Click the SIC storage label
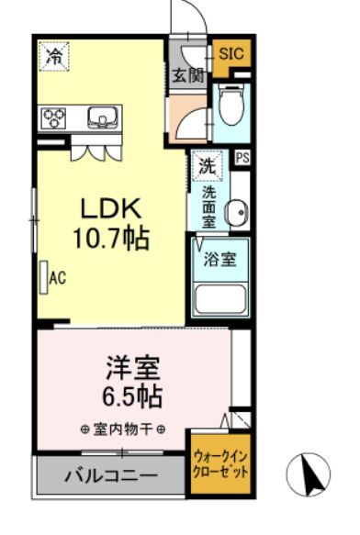click(x=231, y=53)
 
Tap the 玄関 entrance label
click(x=188, y=76)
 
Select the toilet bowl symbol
click(x=231, y=104)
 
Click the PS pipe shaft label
click(x=242, y=158)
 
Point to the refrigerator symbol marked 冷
click(x=54, y=56)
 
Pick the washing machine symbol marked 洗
click(x=208, y=166)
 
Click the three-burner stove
click(x=53, y=117)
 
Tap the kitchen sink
click(x=103, y=117)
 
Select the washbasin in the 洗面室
click(x=237, y=212)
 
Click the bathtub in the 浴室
click(x=219, y=299)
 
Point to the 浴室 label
click(x=219, y=260)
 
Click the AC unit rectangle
click(x=44, y=277)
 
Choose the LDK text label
click(x=111, y=208)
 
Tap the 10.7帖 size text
click(x=111, y=238)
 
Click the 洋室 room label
click(x=132, y=368)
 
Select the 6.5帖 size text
click(x=132, y=396)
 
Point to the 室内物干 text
click(x=123, y=429)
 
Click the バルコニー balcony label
click(x=111, y=475)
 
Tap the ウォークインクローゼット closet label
click(x=220, y=463)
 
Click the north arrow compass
click(x=309, y=474)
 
